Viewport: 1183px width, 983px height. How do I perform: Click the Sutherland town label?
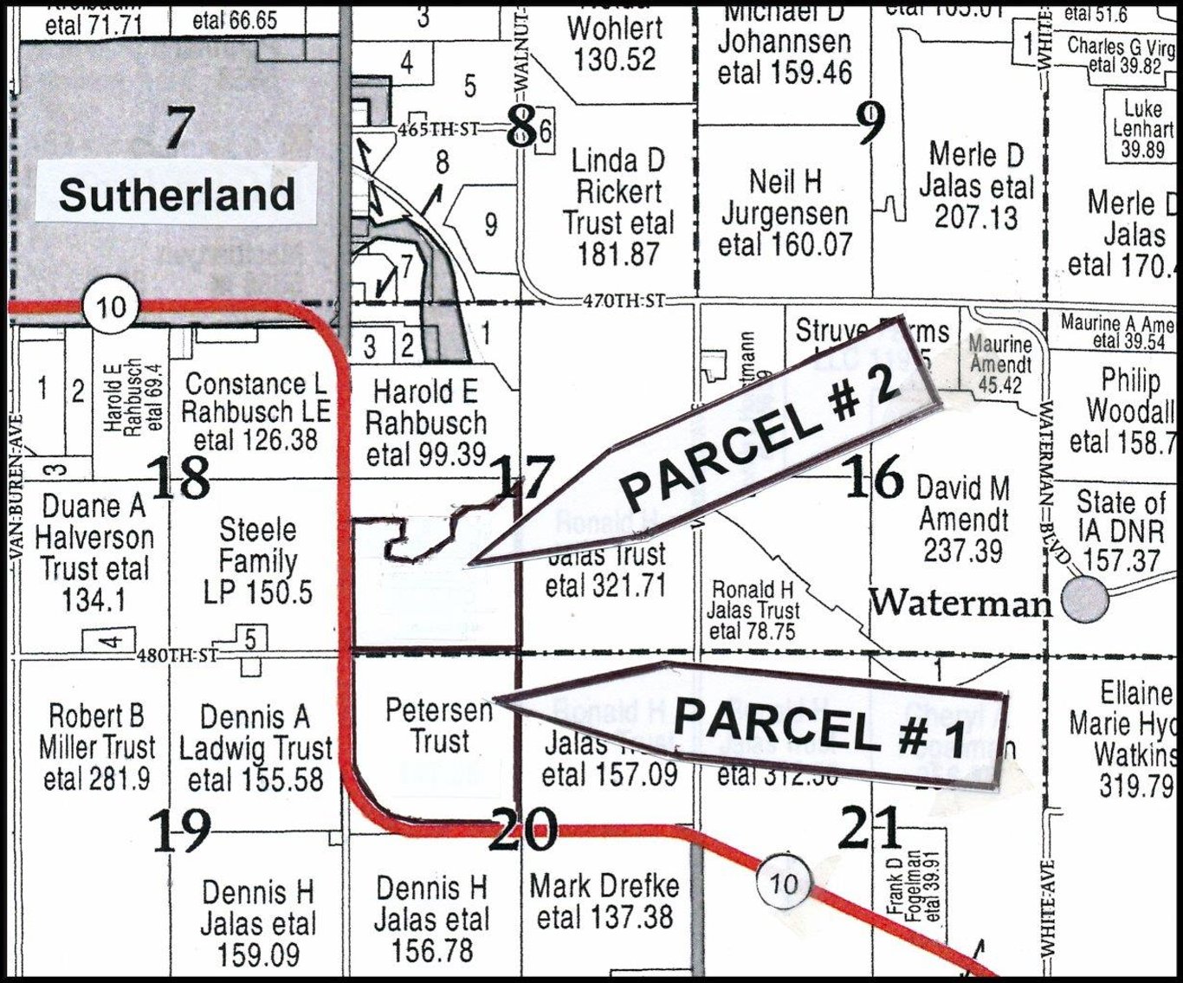[177, 195]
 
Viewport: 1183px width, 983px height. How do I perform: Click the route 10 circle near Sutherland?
[111, 307]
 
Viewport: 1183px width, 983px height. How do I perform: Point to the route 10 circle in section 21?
[783, 883]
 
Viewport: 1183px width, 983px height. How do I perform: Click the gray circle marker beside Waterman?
[1085, 599]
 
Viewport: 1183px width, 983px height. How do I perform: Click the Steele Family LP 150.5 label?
[257, 560]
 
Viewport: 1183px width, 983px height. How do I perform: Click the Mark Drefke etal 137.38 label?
[604, 901]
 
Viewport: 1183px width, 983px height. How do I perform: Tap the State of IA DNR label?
[1121, 530]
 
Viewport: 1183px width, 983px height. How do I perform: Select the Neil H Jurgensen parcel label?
[785, 213]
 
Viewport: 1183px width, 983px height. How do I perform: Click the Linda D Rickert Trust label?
[617, 207]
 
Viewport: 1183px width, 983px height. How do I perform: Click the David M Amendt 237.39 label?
[963, 519]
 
